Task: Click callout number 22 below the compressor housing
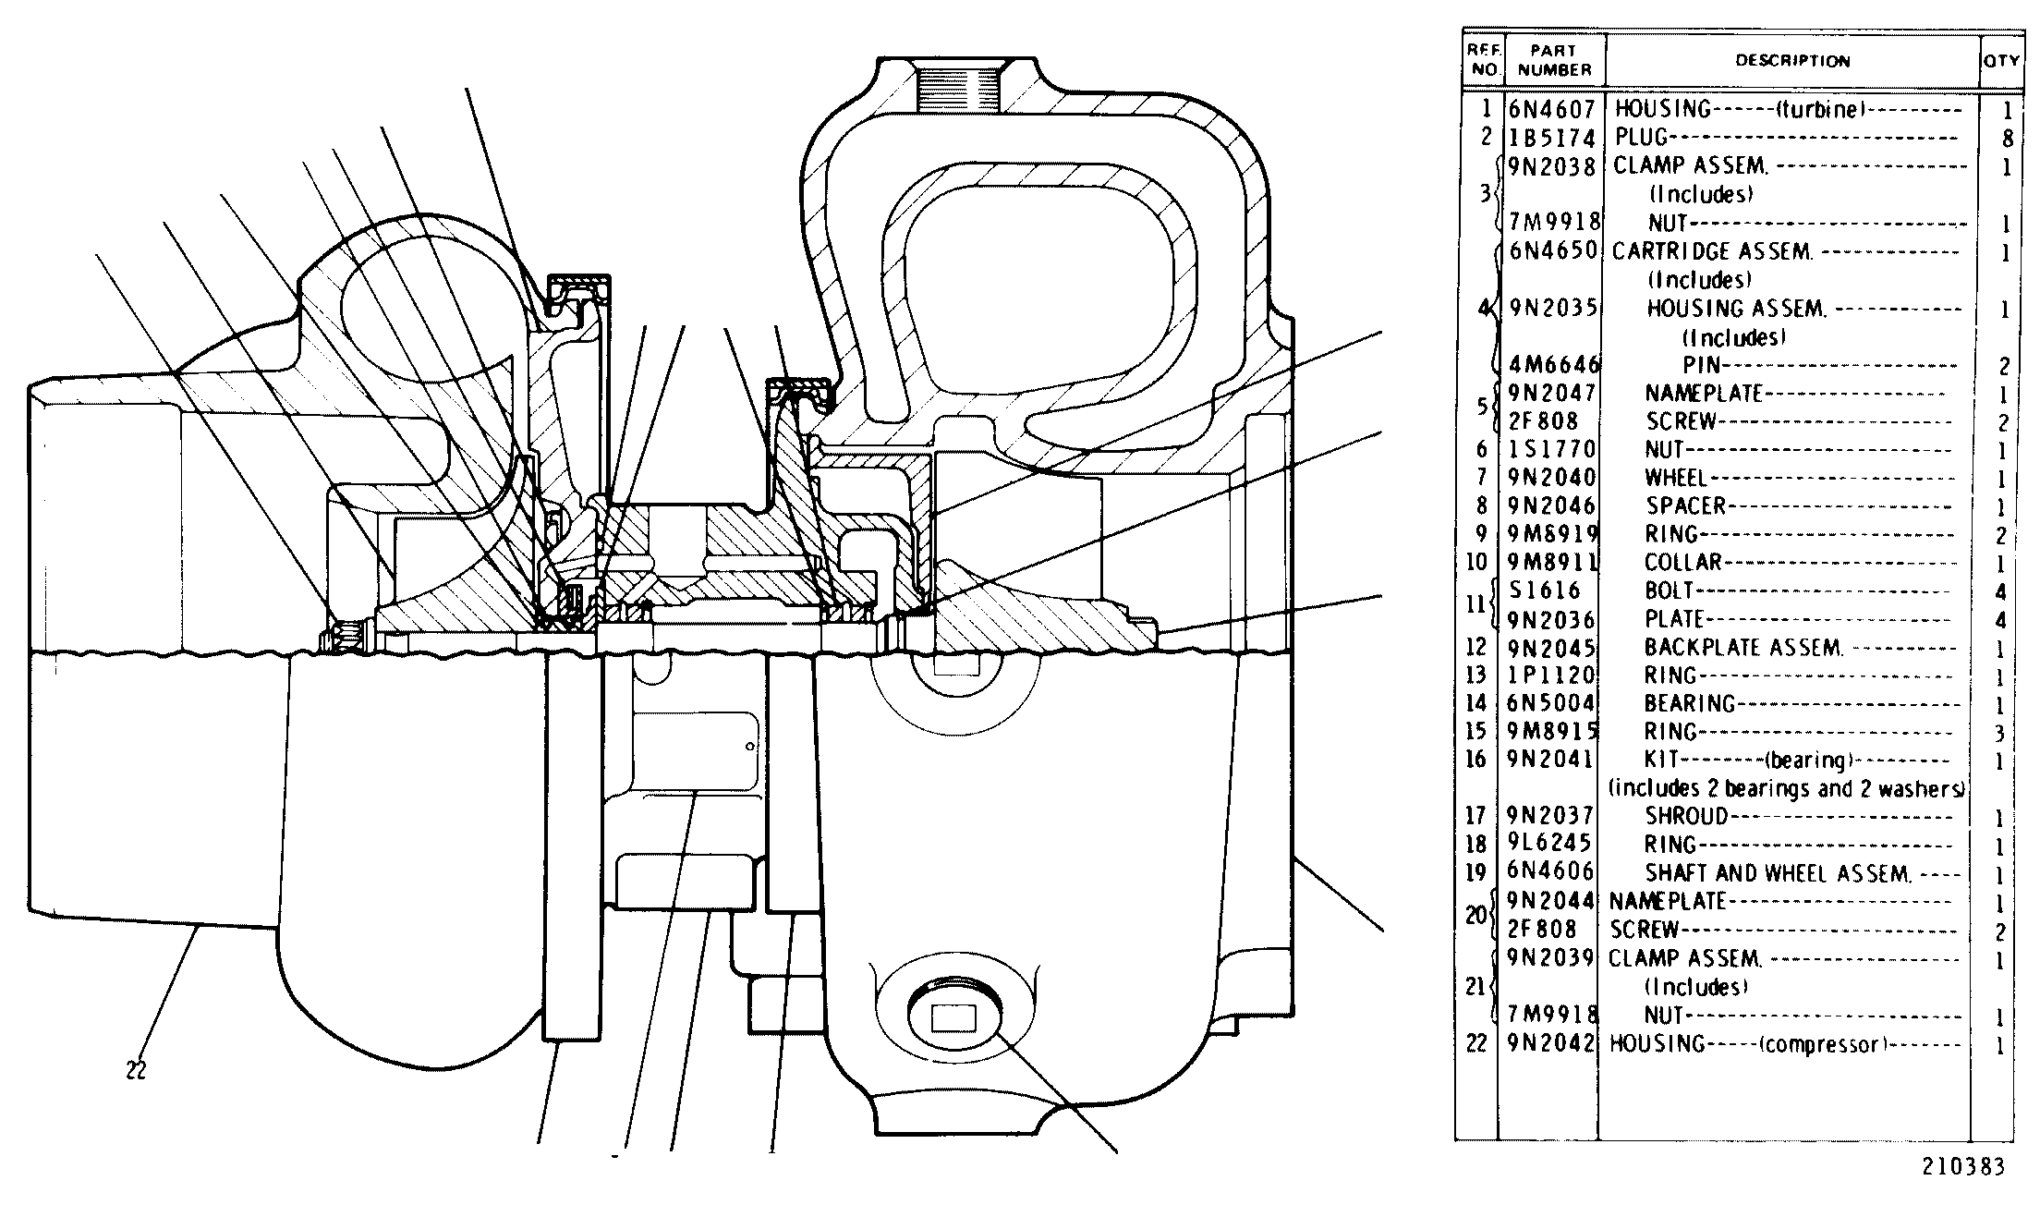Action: point(136,1072)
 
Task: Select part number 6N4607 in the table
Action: point(1552,109)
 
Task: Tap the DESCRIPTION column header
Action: point(1792,61)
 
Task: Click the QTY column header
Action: point(2001,61)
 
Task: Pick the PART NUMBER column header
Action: point(1554,60)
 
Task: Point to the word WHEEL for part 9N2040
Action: point(1676,478)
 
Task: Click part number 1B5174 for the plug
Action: point(1552,139)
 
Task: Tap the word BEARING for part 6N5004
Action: point(1690,704)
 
